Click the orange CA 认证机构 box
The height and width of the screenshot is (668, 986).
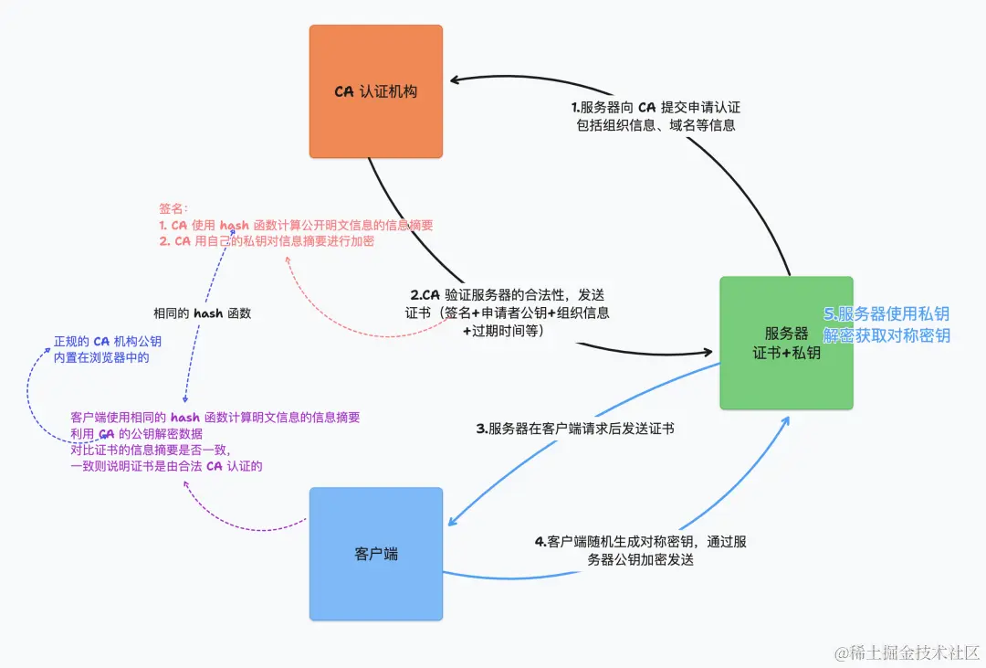pos(375,91)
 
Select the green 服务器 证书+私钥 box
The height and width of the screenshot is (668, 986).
pos(786,342)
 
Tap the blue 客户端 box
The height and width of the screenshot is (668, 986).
pos(375,554)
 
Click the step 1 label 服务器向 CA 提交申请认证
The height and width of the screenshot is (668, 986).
pos(655,107)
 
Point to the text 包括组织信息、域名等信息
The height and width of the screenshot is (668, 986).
pos(656,125)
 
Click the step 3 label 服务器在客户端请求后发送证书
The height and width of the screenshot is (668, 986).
pos(575,428)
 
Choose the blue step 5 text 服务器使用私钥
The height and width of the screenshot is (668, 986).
pos(886,315)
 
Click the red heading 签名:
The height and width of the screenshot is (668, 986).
pos(173,208)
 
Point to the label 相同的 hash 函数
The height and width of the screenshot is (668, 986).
pos(202,313)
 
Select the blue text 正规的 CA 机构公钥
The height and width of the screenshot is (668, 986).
pos(108,342)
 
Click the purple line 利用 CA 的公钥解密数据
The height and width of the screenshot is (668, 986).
pos(137,433)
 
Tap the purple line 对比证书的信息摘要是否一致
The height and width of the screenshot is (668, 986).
pos(151,450)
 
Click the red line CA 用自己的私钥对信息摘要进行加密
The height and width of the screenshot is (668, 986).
pos(266,241)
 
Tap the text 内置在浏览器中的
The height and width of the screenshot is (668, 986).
pos(101,358)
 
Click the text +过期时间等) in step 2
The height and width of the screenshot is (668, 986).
pos(503,330)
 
